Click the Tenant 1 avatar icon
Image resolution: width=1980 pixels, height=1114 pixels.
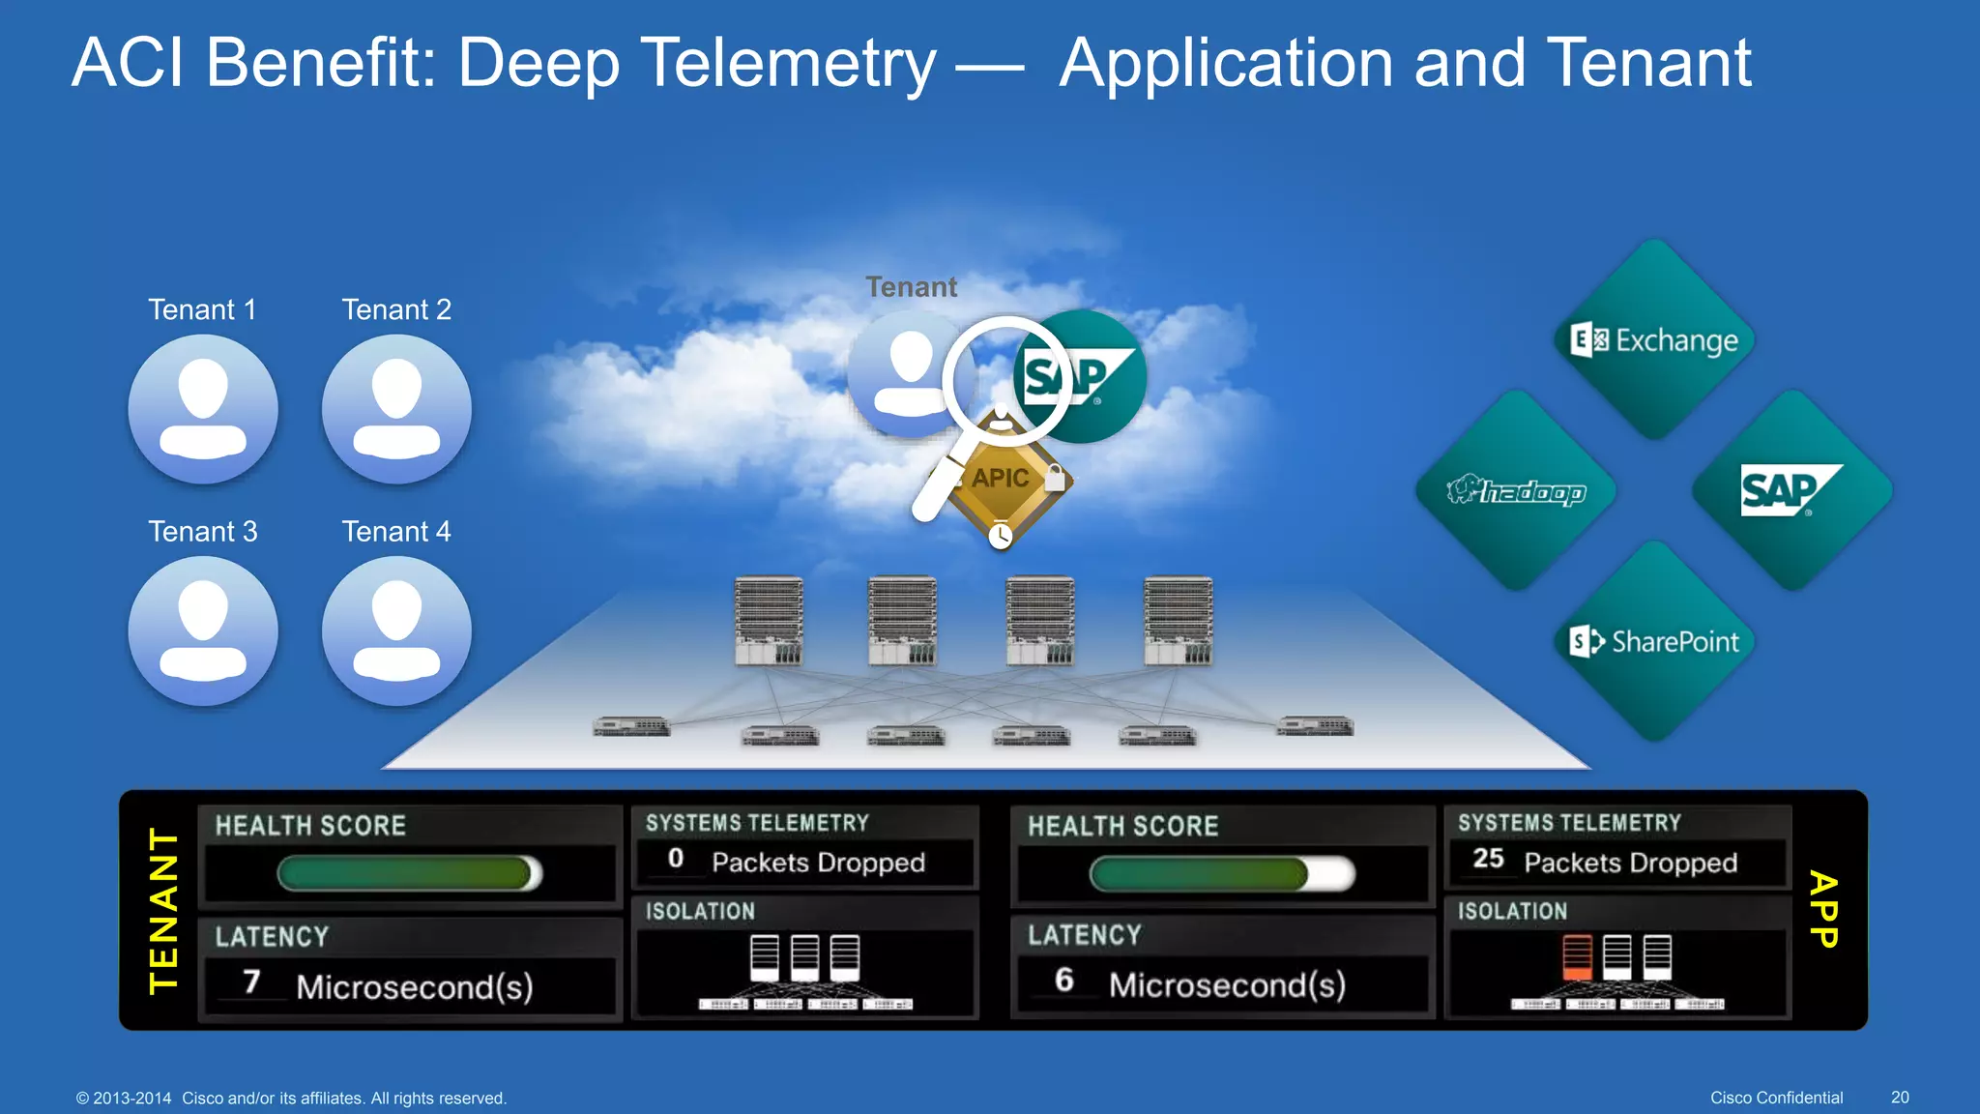pyautogui.click(x=203, y=409)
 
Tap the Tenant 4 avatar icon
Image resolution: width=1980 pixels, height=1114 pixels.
pyautogui.click(x=396, y=630)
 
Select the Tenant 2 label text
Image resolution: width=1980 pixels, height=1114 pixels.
pyautogui.click(x=396, y=309)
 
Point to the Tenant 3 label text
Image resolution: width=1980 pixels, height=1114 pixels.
pyautogui.click(x=203, y=531)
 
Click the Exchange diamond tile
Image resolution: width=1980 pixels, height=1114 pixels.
pyautogui.click(x=1655, y=340)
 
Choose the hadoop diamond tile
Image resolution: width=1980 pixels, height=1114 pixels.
pyautogui.click(x=1516, y=491)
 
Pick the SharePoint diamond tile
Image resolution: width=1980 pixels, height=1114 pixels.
pyautogui.click(x=1655, y=641)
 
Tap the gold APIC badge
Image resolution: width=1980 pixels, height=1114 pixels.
pyautogui.click(x=1002, y=479)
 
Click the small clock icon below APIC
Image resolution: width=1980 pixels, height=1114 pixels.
pyautogui.click(x=1001, y=535)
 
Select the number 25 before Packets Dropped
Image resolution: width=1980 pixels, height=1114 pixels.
pyautogui.click(x=1488, y=859)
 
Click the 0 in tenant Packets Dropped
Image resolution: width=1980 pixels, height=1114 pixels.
pyautogui.click(x=676, y=859)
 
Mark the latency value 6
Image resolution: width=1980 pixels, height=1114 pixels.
pyautogui.click(x=1064, y=981)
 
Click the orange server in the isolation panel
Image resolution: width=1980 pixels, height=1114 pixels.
pyautogui.click(x=1577, y=956)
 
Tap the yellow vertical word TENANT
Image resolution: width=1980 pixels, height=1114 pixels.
pyautogui.click(x=164, y=910)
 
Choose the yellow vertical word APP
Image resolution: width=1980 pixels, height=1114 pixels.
pyautogui.click(x=1823, y=910)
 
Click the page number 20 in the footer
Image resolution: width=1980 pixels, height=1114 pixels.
pyautogui.click(x=1900, y=1098)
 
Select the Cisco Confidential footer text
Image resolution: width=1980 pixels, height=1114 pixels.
pyautogui.click(x=1776, y=1098)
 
